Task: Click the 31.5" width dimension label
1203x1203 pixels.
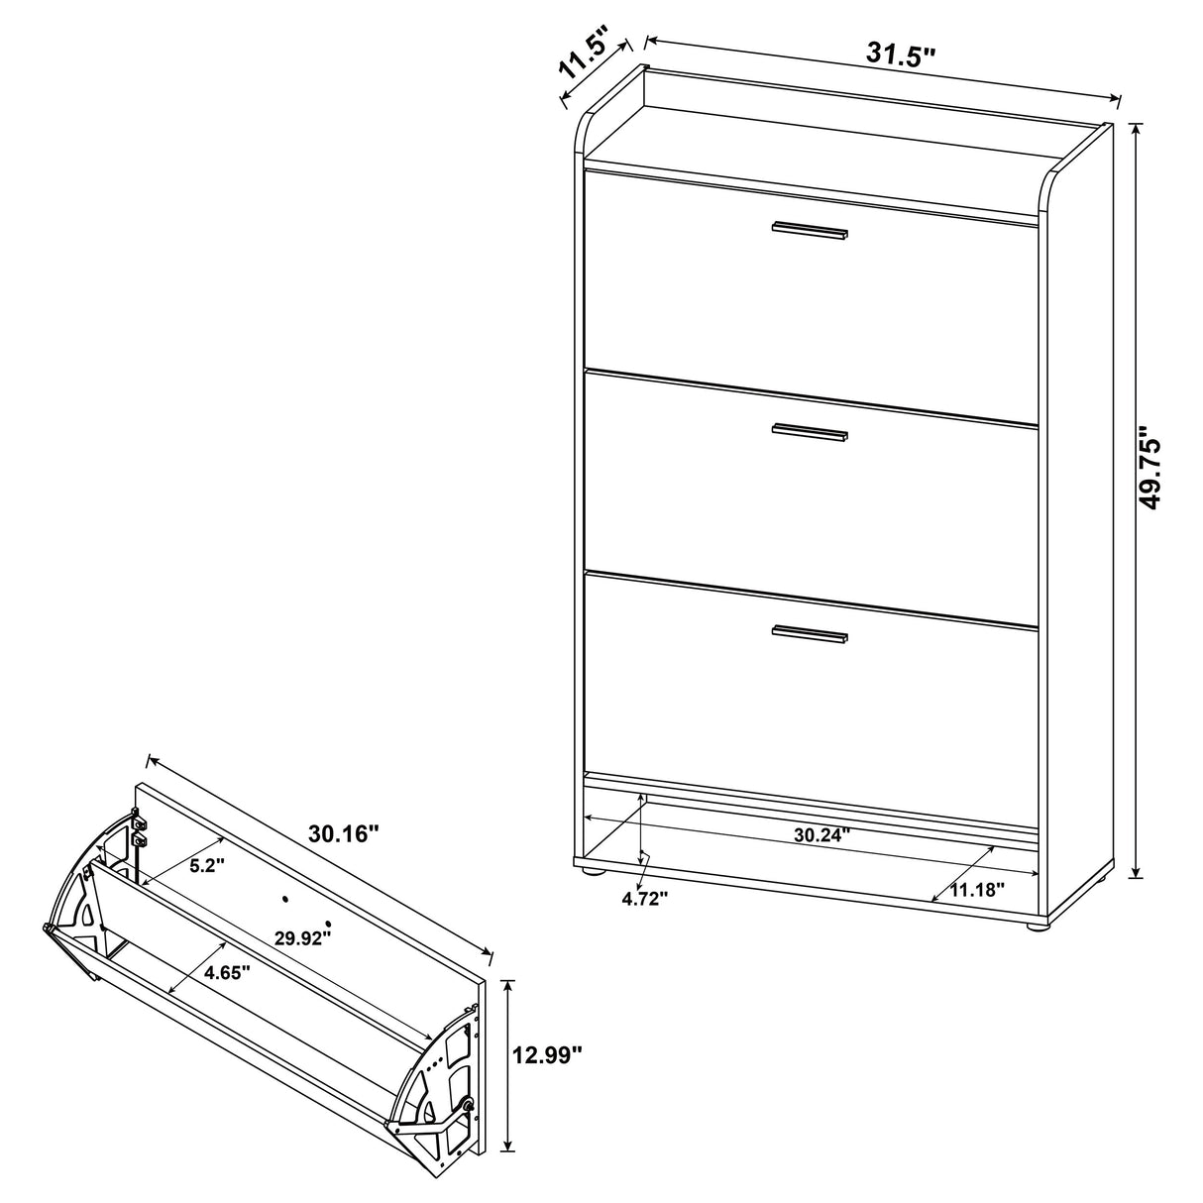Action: coord(900,55)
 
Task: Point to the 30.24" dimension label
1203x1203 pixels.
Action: coord(822,834)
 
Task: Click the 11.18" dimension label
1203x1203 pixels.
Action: coord(977,889)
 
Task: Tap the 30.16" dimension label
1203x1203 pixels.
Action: coord(344,834)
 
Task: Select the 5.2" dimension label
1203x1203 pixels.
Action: coord(208,864)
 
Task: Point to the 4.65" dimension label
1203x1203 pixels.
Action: coord(226,972)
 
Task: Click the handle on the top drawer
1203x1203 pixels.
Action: coord(810,230)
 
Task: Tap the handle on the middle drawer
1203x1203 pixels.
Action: coord(810,431)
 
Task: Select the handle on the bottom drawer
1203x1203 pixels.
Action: coord(810,634)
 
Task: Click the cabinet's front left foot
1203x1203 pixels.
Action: coord(593,871)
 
